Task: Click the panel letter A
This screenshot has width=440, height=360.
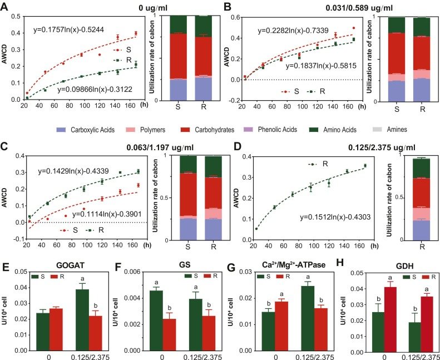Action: coord(6,7)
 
